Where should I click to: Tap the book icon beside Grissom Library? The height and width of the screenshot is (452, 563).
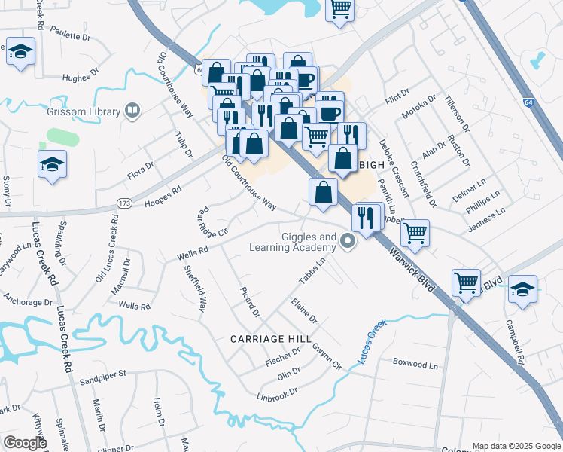coord(133,111)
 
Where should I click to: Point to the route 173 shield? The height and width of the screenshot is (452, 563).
coord(125,203)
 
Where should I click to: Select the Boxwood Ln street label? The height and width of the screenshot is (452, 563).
coord(415,364)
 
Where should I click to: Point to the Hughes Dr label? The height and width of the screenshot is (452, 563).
coord(81,76)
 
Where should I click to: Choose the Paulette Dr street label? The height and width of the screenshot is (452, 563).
coord(71,36)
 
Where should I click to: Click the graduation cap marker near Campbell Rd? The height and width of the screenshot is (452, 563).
coord(522,289)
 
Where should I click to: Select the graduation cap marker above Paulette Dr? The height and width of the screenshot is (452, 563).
coord(21,52)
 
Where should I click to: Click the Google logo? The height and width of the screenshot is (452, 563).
coord(25,443)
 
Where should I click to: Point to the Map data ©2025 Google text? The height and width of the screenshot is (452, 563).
coord(516,446)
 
